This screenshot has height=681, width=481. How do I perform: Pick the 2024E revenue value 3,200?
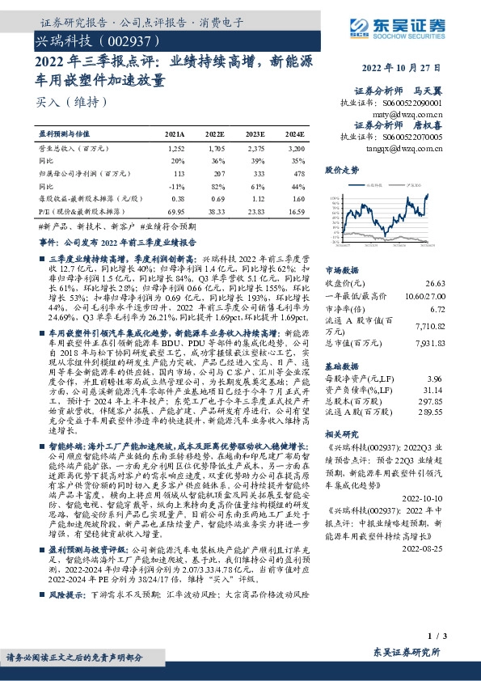point(295,150)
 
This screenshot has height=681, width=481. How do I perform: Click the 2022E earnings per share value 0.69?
point(216,198)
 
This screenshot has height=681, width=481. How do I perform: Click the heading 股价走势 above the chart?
point(340,171)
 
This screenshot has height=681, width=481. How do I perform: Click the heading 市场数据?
point(340,270)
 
